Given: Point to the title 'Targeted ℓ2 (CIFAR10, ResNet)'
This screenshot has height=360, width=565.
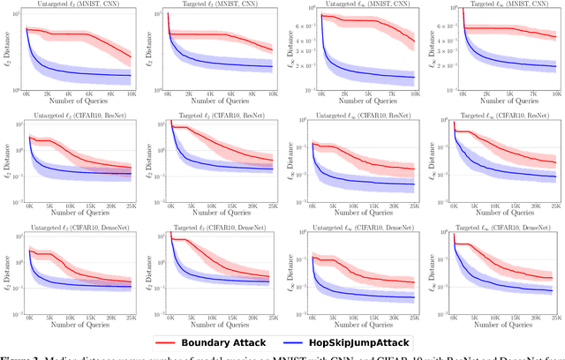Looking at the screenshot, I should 221,117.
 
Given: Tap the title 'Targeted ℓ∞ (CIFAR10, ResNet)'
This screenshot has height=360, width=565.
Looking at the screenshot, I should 501,117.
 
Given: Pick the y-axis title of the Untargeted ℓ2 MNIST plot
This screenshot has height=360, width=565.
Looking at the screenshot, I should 6,50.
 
